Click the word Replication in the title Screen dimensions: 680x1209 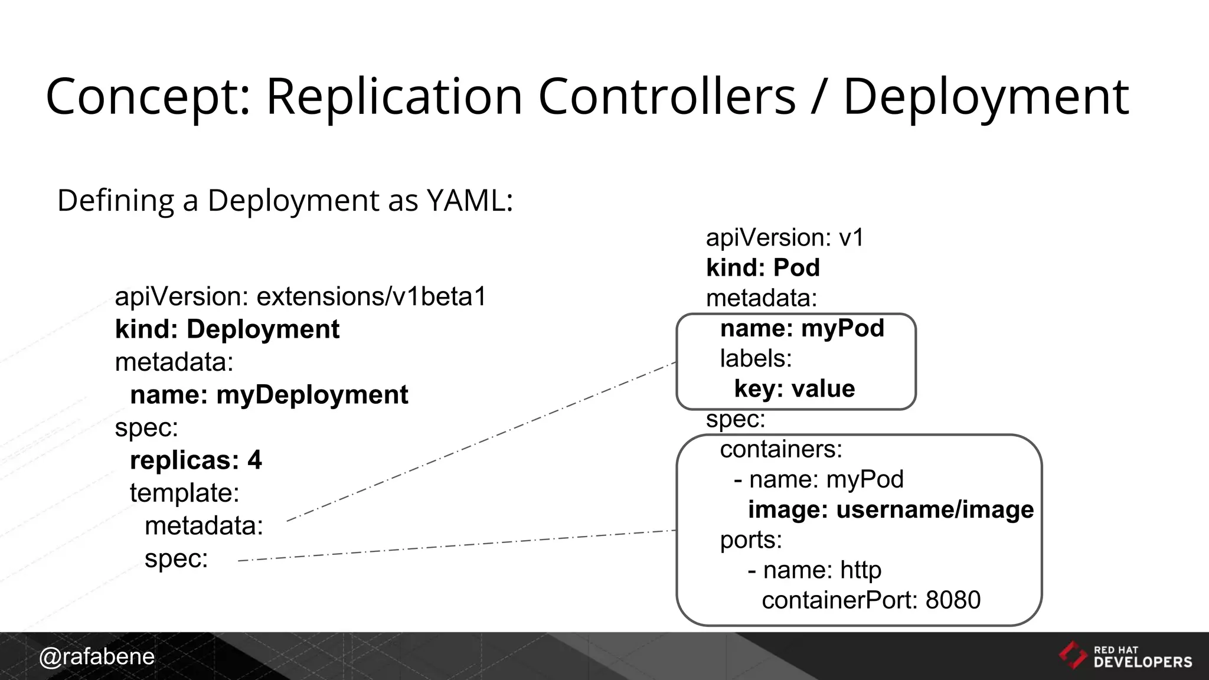click(394, 96)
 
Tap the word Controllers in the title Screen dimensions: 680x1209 click(666, 96)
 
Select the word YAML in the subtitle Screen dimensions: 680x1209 click(465, 201)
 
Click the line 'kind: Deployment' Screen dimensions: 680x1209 click(227, 329)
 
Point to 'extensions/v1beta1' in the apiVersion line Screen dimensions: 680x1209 click(371, 296)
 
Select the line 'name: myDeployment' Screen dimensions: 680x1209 click(269, 395)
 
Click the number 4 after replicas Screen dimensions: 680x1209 click(254, 460)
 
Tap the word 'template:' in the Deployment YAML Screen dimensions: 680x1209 click(184, 493)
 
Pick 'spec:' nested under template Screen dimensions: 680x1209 click(176, 558)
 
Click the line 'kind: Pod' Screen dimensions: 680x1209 click(763, 268)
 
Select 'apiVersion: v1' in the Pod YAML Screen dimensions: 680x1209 click(785, 238)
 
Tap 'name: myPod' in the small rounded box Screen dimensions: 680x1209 click(802, 328)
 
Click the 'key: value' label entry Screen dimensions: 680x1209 click(794, 389)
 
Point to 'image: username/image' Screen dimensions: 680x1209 click(890, 510)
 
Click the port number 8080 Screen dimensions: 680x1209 click(953, 600)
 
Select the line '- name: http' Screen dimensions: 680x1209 click(815, 570)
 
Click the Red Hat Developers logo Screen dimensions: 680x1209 click(1125, 656)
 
